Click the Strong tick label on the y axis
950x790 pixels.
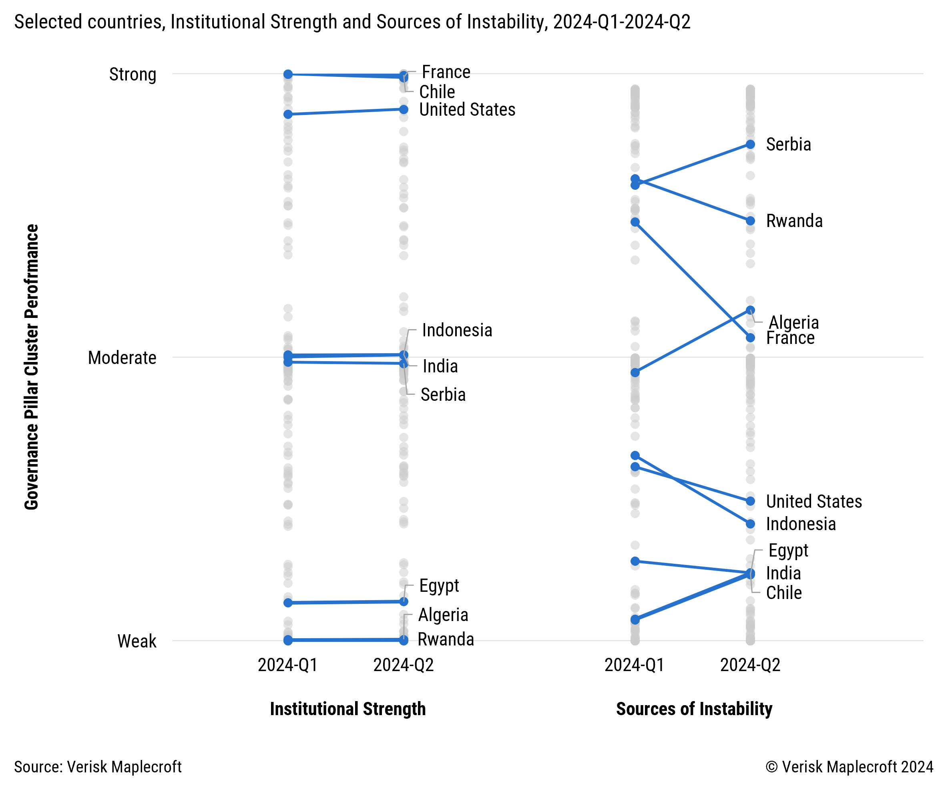(x=133, y=74)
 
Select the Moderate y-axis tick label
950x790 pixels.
(x=122, y=358)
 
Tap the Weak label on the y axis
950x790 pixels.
(x=137, y=641)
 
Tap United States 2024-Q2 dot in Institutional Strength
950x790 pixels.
(x=404, y=109)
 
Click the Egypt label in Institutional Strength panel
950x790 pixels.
(x=439, y=586)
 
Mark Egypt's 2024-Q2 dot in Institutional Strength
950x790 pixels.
(x=404, y=602)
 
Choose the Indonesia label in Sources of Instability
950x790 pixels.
(x=801, y=525)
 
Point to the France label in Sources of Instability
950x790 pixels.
(x=790, y=338)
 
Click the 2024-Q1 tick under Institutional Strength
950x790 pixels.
(x=288, y=665)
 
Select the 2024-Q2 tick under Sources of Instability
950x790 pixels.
(x=751, y=665)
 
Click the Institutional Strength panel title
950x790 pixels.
(x=348, y=709)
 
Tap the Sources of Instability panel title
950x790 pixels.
(x=694, y=709)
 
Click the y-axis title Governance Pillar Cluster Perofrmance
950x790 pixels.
(x=32, y=367)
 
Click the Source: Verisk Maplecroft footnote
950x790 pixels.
(x=98, y=767)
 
